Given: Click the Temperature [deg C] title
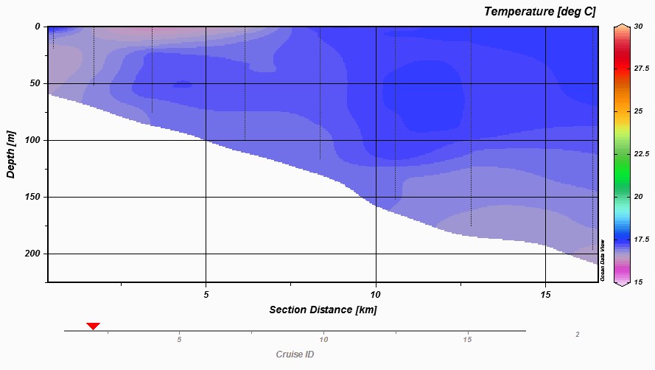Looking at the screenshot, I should pos(539,11).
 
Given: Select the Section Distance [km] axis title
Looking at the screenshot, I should pos(323,310).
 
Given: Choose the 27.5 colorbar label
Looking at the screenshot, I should pos(642,67).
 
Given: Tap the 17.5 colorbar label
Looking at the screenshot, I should pos(642,240).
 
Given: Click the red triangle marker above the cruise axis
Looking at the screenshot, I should pos(93,326).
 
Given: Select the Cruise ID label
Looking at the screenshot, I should pos(295,355).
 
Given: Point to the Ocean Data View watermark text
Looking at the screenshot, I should pos(603,260).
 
